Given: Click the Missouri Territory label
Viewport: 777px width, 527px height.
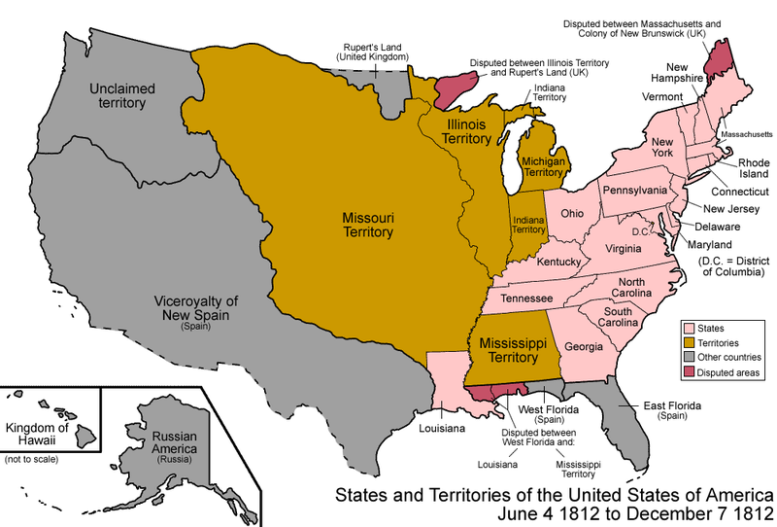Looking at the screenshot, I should click(366, 225).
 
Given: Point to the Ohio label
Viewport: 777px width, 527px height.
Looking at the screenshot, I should click(572, 212).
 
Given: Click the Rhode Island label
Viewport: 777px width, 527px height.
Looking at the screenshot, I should click(753, 168).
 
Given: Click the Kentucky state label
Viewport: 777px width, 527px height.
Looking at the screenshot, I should click(558, 263).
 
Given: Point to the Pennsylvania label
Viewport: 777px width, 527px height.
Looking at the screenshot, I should click(634, 189).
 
